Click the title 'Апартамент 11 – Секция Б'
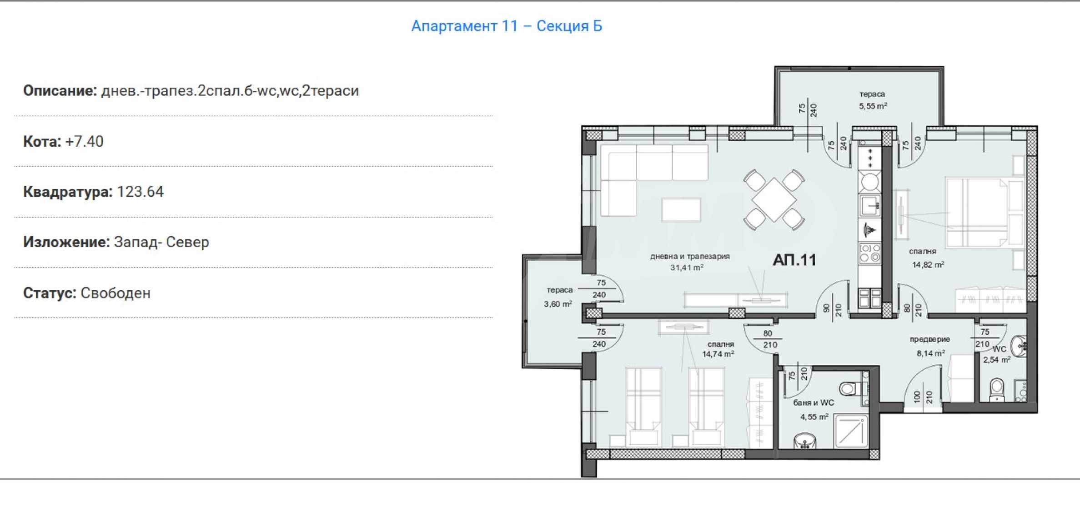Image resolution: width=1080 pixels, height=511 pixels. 507,26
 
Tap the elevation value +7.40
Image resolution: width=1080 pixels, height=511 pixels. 85,141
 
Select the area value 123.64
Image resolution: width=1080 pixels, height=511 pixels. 140,192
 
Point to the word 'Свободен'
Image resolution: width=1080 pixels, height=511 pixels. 116,293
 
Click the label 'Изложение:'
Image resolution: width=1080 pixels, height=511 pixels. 66,242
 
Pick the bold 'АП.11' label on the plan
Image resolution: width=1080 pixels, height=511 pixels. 794,260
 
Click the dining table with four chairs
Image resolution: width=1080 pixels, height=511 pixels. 774,200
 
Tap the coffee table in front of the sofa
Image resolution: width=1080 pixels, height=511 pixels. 681,209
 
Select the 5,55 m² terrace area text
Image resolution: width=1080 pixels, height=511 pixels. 873,106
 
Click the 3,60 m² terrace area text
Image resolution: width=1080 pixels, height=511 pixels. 558,304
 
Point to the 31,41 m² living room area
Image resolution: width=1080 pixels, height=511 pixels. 687,268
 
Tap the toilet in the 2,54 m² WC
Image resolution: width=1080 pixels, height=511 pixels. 997,389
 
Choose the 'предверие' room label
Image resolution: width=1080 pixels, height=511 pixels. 930,339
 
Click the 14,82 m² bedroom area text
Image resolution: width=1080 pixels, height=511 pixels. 928,264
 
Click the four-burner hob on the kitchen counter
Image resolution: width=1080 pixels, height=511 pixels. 870,253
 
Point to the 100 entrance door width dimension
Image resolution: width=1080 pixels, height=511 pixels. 917,397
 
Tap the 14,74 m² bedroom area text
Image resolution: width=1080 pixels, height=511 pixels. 718,354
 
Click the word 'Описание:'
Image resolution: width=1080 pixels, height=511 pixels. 60,91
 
